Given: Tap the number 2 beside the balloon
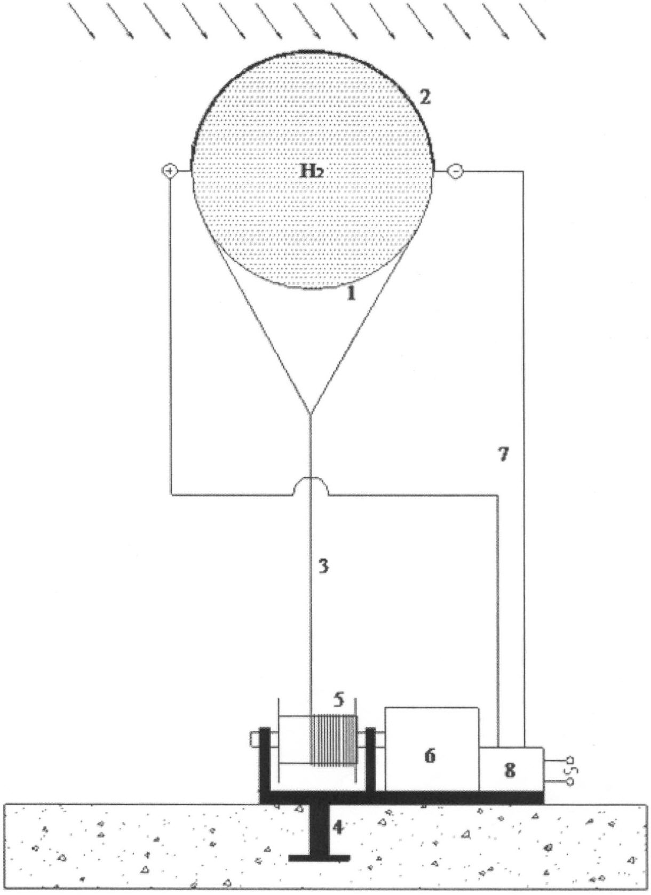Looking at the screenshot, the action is click(x=425, y=97).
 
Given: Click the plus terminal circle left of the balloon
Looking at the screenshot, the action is click(x=170, y=171).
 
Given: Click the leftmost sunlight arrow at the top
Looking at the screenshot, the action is click(x=82, y=21).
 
